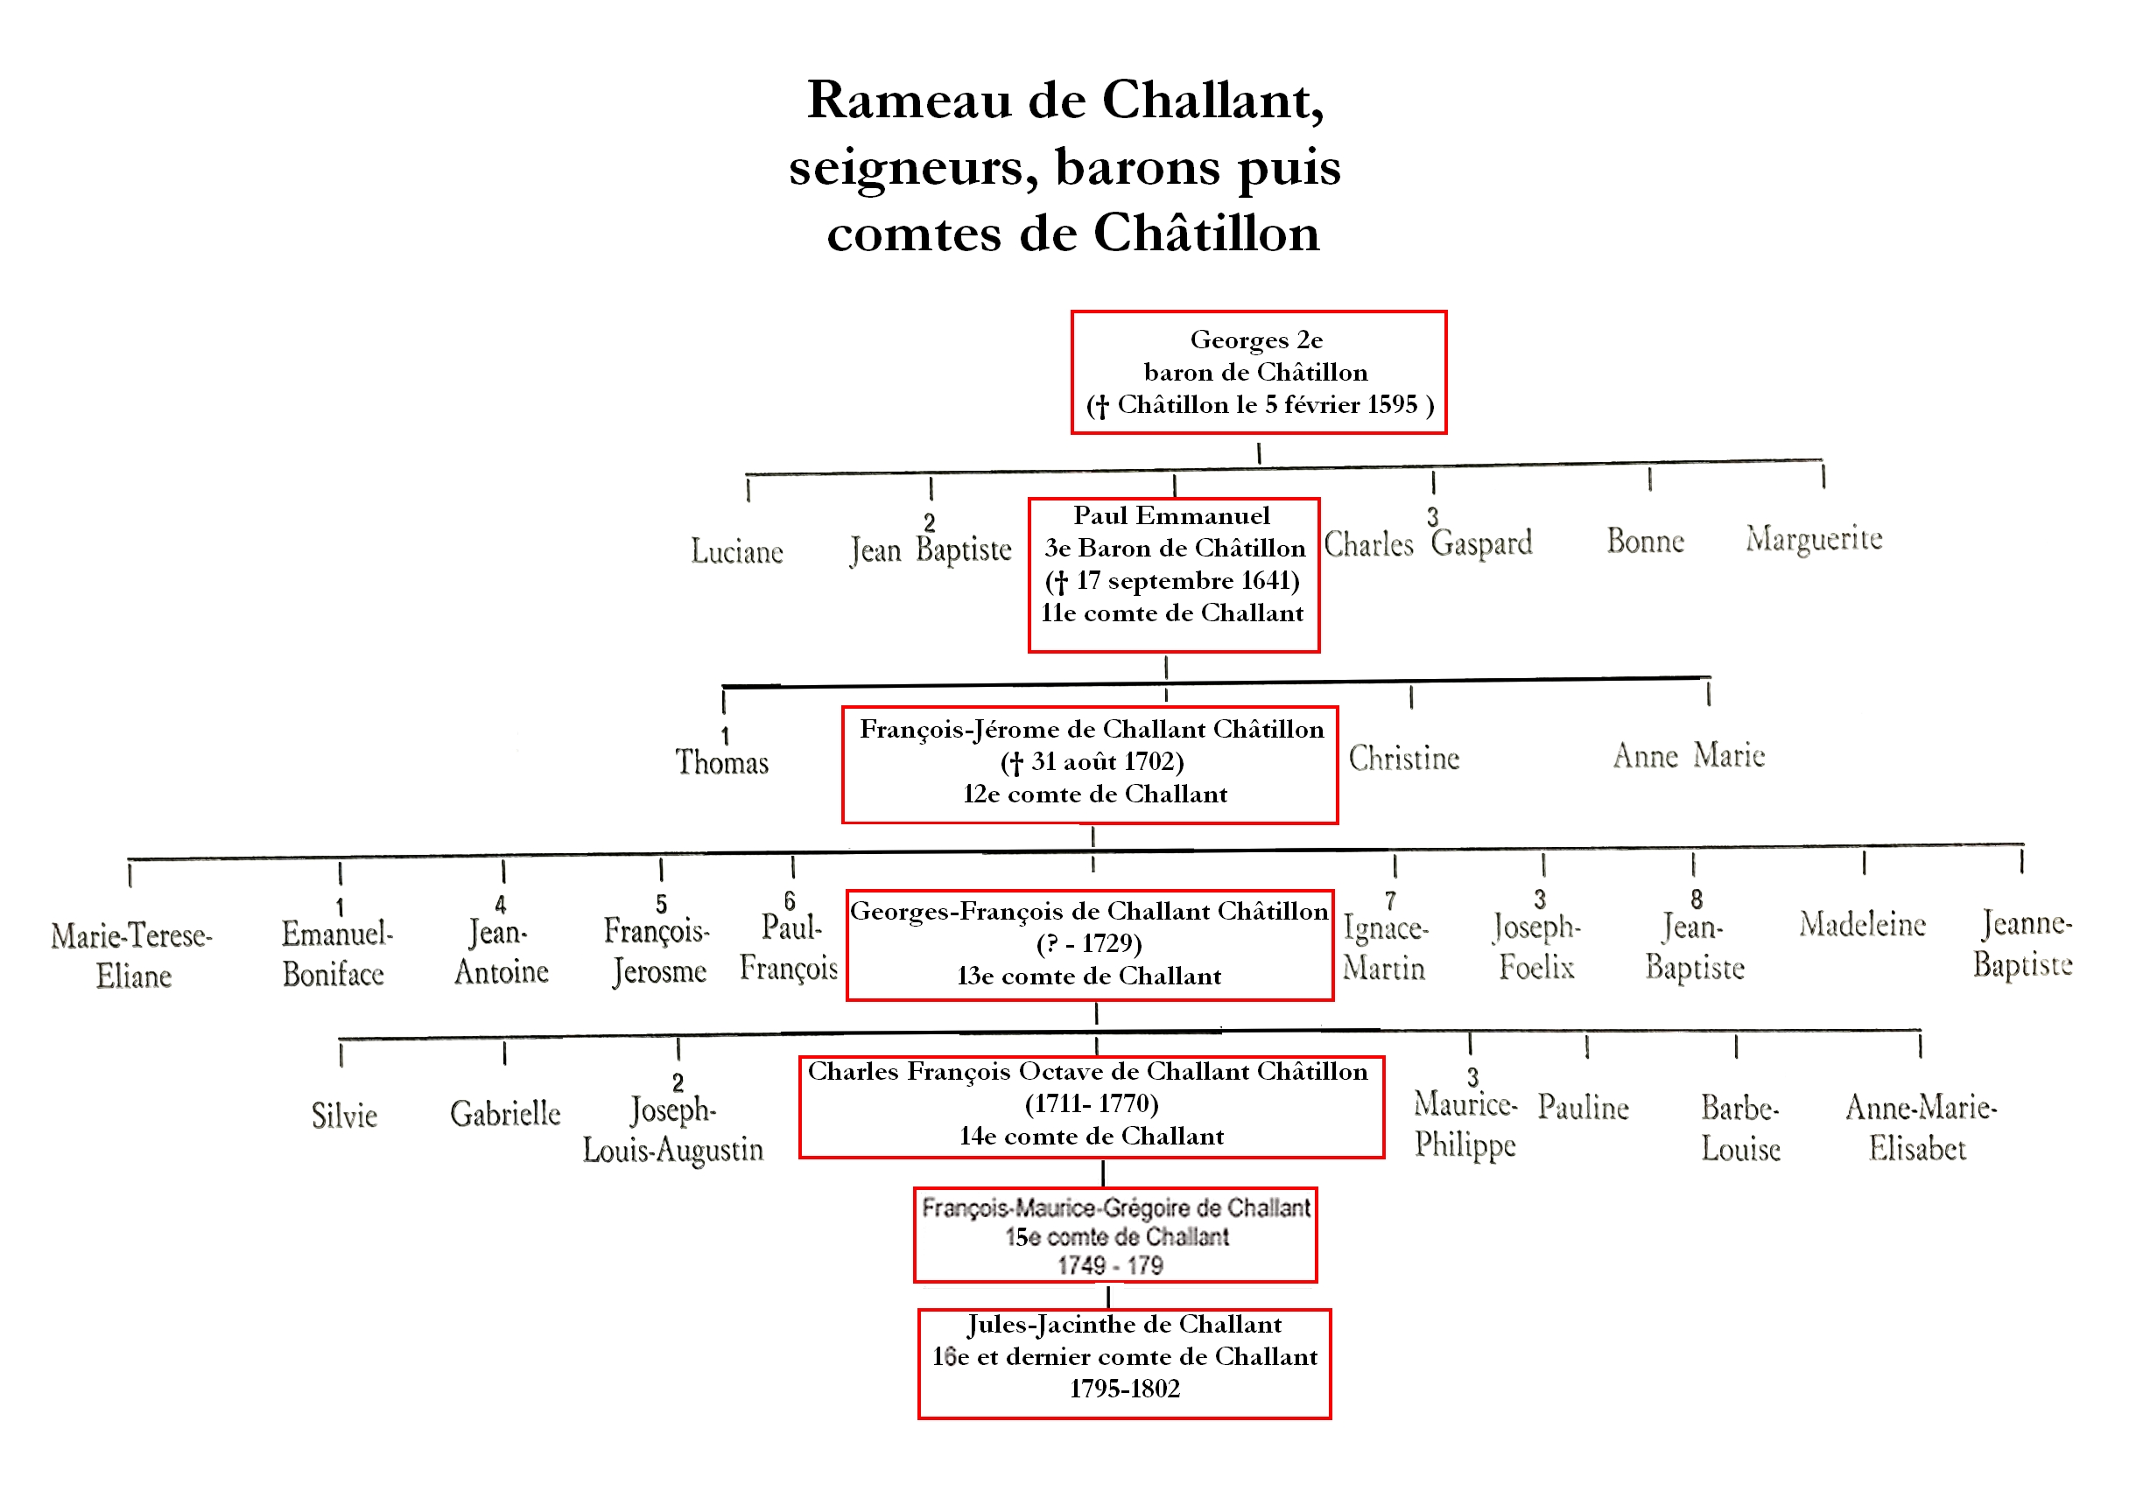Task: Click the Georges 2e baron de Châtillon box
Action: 1259,373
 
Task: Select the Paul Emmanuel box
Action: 1173,575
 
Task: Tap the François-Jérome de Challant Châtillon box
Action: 1090,764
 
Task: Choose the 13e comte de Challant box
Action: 1090,945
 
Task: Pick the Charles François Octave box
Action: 1091,1106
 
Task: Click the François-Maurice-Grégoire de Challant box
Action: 1115,1235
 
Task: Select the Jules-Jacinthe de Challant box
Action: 1124,1362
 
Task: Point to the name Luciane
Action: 737,550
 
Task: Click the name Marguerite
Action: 1813,539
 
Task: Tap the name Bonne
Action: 1645,541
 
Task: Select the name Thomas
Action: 722,762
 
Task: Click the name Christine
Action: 1403,758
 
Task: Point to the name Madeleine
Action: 1862,925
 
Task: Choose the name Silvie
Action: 345,1115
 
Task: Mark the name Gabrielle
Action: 505,1113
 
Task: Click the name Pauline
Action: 1583,1108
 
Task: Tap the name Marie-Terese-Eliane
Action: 132,955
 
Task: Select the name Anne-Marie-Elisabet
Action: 1920,1127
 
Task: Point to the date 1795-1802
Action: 1124,1389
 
